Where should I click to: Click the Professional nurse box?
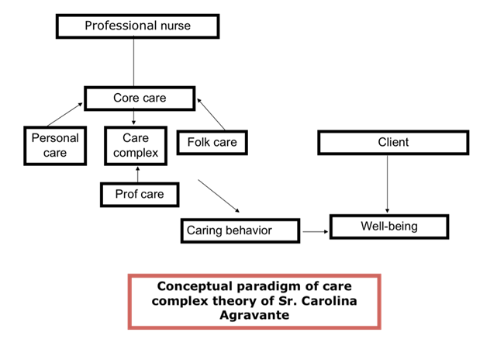[137, 26]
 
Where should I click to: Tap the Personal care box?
[54, 145]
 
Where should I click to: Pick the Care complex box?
[136, 145]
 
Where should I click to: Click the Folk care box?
[212, 142]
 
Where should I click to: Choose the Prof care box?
[140, 194]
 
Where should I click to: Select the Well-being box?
[388, 227]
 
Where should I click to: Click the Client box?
[393, 142]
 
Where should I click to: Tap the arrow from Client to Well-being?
[388, 182]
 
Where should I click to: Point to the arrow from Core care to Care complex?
[136, 117]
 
